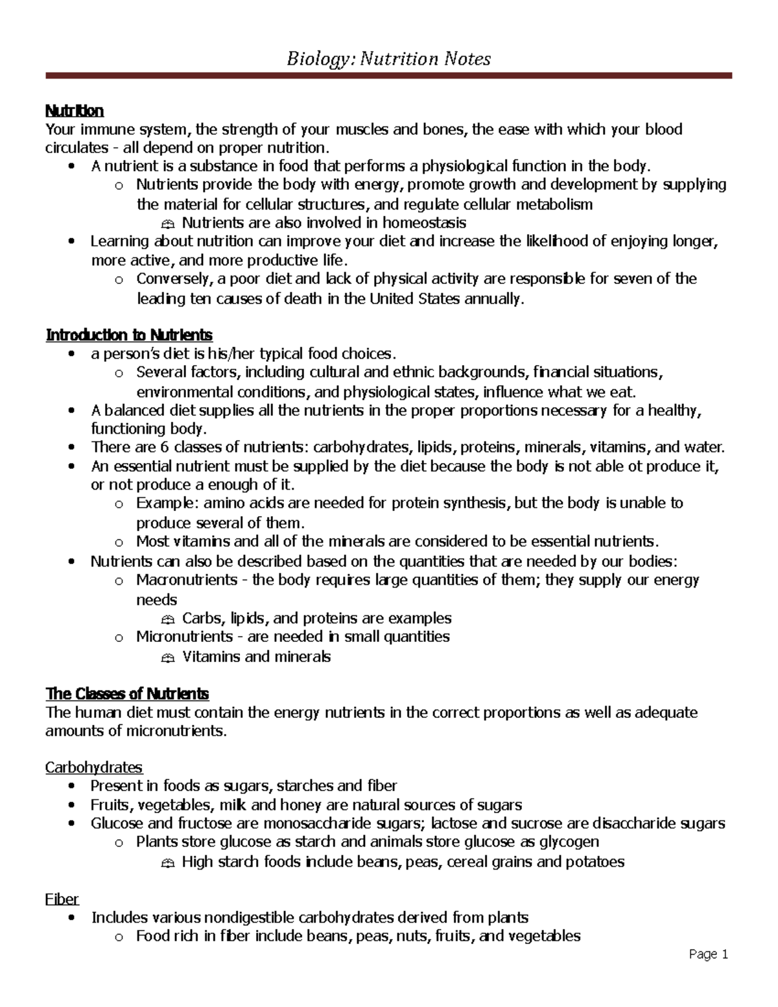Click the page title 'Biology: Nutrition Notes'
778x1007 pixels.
(x=388, y=60)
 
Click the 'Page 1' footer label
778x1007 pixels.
(x=709, y=954)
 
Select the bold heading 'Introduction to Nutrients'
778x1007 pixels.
(x=129, y=335)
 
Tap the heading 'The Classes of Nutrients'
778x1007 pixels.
(x=127, y=694)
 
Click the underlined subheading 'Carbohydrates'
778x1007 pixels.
(x=94, y=768)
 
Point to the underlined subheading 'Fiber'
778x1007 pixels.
(x=62, y=899)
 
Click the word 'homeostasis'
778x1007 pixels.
(x=424, y=223)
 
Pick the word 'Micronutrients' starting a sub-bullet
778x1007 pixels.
(x=184, y=637)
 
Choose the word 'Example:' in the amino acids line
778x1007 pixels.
(x=165, y=503)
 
